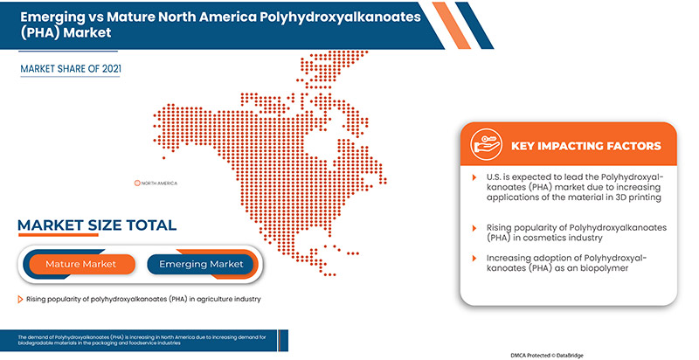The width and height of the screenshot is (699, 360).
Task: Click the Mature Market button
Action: coord(80,264)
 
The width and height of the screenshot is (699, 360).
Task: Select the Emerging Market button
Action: coord(201,264)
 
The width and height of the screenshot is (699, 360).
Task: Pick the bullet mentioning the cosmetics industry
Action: coord(568,232)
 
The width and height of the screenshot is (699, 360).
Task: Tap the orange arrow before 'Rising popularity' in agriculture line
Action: coord(20,300)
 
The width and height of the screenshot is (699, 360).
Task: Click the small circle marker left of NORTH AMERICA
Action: coord(137,183)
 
